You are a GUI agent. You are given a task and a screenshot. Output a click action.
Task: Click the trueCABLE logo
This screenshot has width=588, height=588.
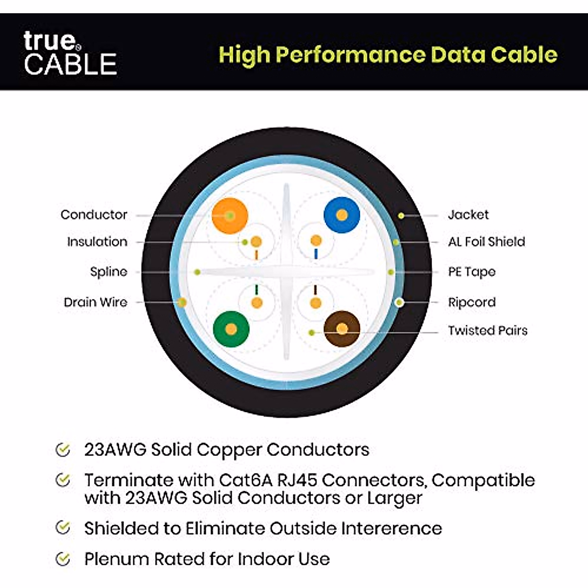[70, 53]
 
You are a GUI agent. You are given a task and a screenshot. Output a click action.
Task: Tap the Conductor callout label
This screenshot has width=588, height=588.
[94, 215]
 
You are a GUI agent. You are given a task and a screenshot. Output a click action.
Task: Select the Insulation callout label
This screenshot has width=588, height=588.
[97, 242]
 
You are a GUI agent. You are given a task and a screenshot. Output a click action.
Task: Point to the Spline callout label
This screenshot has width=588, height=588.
[108, 271]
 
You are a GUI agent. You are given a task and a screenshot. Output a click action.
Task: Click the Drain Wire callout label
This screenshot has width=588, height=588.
[96, 302]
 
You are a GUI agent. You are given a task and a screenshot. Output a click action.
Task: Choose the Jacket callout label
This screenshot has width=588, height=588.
[468, 215]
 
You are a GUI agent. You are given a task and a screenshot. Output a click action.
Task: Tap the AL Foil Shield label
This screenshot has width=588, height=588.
[486, 242]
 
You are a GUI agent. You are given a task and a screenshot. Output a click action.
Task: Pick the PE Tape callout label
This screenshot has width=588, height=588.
[471, 271]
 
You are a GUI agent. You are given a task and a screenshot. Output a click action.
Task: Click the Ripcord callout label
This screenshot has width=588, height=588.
[471, 302]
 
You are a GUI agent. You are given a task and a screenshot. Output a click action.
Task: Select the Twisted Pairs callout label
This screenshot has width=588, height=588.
[488, 330]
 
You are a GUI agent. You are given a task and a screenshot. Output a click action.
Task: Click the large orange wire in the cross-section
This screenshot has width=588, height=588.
[229, 216]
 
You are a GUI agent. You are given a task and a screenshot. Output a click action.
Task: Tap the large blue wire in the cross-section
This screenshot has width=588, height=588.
[342, 215]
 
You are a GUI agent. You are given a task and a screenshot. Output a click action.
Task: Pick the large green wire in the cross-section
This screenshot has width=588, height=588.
[231, 329]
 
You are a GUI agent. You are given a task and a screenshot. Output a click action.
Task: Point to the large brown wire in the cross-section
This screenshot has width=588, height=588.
[342, 329]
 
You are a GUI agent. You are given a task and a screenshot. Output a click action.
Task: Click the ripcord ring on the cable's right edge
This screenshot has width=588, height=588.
[400, 302]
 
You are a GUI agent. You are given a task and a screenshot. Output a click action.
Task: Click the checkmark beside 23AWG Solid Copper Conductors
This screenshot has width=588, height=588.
[63, 450]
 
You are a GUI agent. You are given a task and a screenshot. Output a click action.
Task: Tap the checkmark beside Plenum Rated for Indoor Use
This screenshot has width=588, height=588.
[63, 559]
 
